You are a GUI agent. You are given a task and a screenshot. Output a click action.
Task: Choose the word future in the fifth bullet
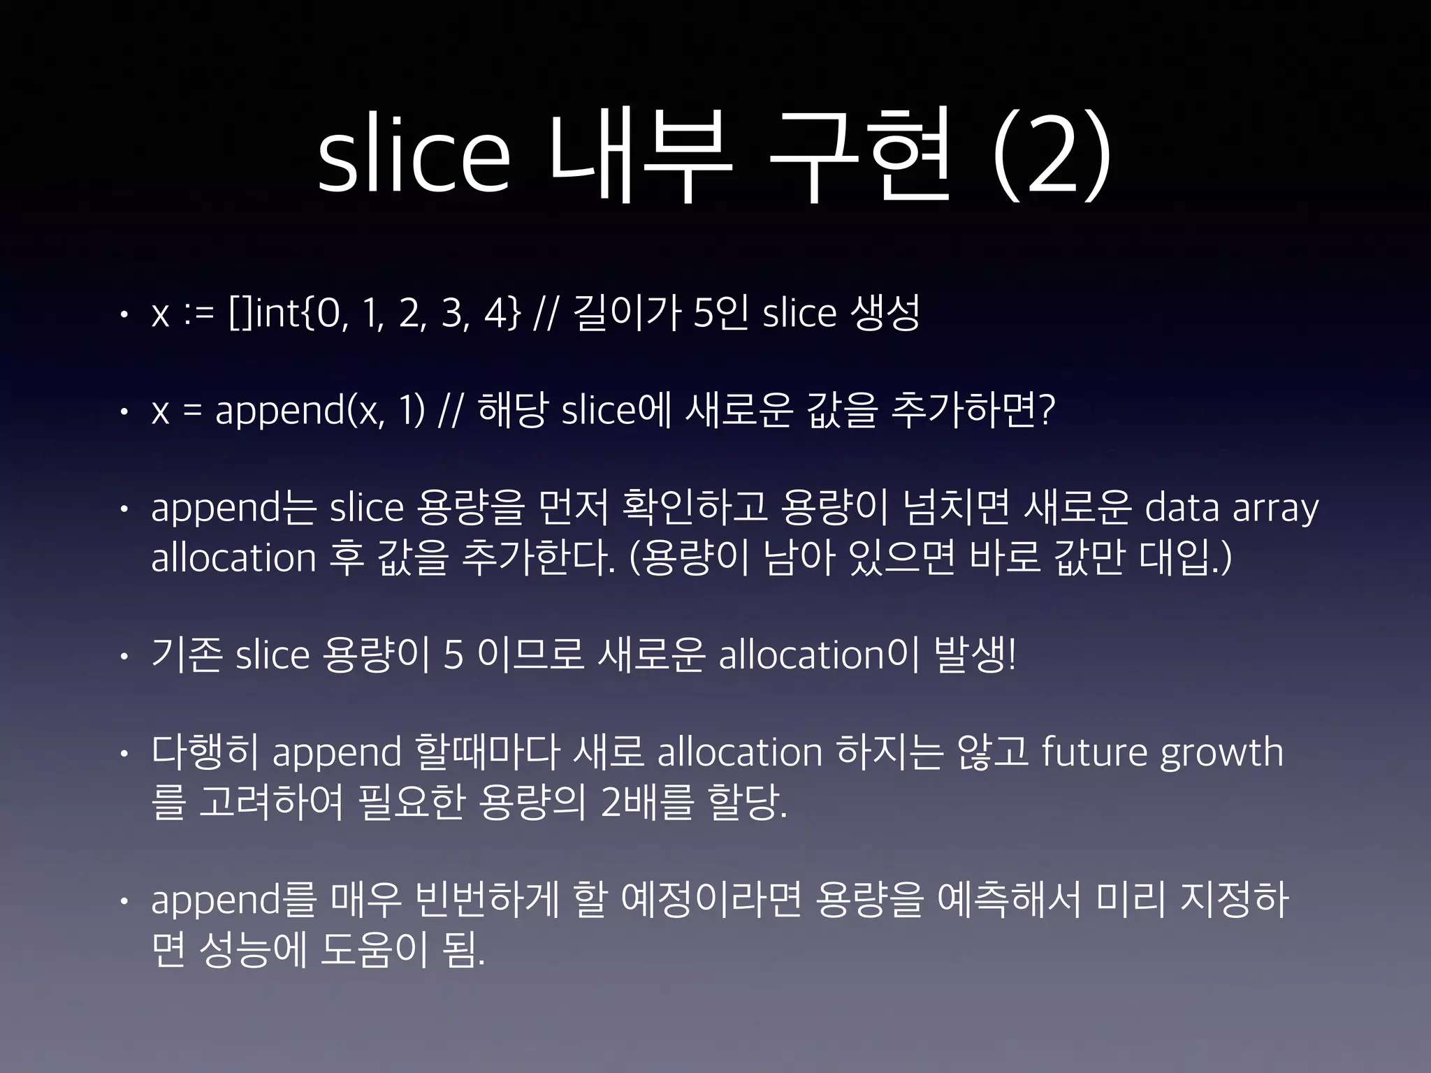coord(1094,753)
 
